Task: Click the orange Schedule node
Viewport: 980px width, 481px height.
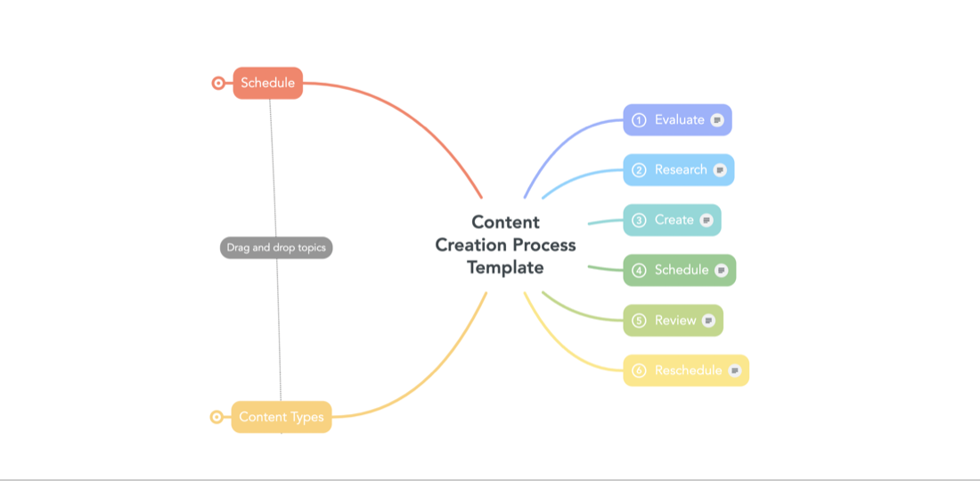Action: point(268,83)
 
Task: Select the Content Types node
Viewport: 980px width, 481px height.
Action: point(282,417)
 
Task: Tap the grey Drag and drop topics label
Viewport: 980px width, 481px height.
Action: point(276,248)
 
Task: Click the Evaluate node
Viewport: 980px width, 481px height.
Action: point(677,120)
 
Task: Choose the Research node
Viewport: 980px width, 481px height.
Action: point(679,170)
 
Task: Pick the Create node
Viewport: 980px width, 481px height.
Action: point(672,220)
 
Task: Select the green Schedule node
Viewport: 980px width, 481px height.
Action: point(680,270)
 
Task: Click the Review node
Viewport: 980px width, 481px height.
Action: point(674,320)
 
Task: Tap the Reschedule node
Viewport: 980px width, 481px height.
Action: point(686,371)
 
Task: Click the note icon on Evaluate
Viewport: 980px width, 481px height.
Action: point(717,120)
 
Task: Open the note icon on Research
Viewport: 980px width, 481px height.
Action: point(720,170)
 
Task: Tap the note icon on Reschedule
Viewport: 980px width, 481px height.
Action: point(735,371)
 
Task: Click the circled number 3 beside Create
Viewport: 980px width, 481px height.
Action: point(639,220)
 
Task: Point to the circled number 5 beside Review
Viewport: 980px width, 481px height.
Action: point(639,321)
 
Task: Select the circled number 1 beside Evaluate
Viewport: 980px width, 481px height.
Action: point(639,120)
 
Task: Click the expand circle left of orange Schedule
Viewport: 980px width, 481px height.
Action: point(218,83)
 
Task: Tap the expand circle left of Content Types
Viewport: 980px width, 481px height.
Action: point(216,417)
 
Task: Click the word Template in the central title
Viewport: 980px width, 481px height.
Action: point(506,267)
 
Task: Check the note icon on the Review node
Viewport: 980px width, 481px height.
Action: point(708,321)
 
